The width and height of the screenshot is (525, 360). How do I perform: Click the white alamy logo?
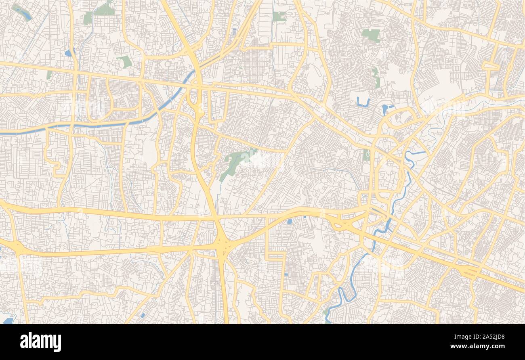40,342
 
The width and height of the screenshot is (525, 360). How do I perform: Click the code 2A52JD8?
493,336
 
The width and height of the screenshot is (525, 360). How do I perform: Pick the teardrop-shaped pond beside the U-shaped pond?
385,109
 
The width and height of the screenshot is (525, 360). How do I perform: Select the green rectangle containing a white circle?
366,155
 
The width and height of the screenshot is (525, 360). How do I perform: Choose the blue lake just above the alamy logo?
8,320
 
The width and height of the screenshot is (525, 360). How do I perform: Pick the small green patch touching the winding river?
325,313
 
